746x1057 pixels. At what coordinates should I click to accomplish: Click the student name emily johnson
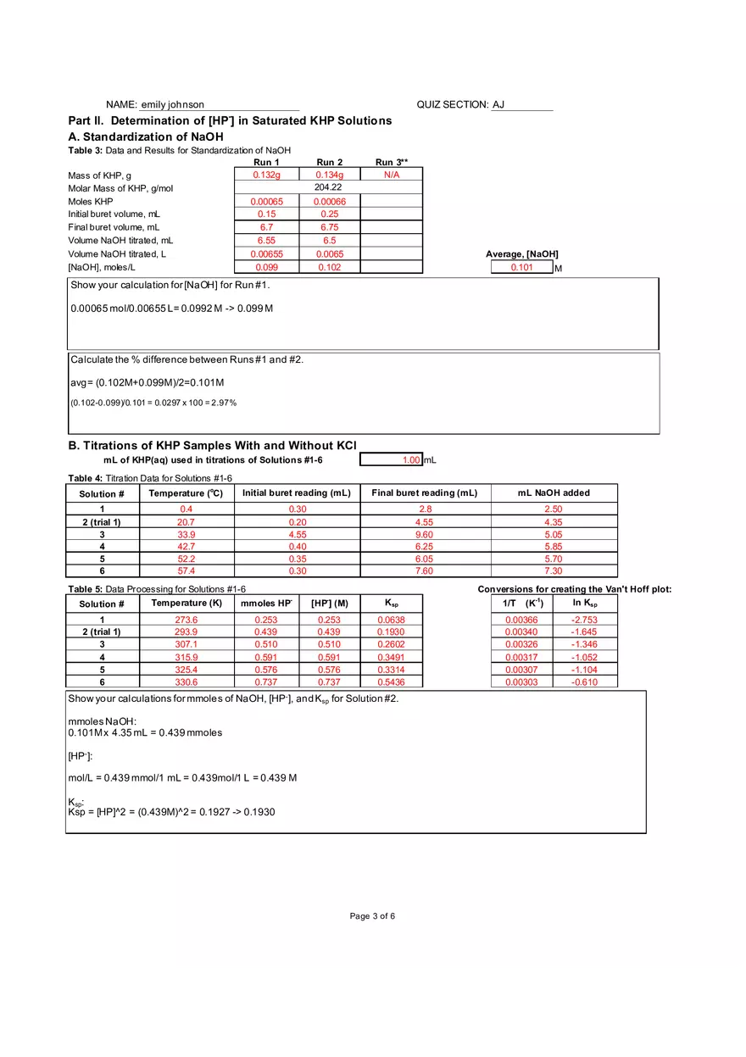[x=173, y=105]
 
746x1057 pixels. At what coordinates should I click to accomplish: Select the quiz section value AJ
[x=498, y=105]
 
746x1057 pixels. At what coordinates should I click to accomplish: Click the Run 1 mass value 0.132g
[x=266, y=175]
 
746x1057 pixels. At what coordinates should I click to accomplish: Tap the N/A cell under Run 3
[x=391, y=175]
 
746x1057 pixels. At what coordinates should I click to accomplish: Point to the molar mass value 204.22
[x=328, y=187]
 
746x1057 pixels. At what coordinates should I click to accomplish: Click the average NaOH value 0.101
[x=521, y=268]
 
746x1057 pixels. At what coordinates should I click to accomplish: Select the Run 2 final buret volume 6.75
[x=329, y=227]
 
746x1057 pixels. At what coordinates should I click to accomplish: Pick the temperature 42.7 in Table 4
[x=186, y=548]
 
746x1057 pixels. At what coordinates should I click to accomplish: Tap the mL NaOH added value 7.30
[x=553, y=571]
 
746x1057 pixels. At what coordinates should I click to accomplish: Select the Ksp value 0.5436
[x=391, y=682]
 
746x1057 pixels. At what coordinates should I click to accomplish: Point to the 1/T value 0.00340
[x=521, y=632]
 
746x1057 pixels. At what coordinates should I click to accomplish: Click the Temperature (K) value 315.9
[x=186, y=658]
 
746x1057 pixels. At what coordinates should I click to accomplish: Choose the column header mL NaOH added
[x=554, y=493]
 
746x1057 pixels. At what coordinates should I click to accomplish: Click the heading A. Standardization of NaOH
[x=145, y=136]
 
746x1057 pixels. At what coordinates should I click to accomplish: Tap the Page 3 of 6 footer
[x=372, y=916]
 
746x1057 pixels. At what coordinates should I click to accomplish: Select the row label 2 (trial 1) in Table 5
[x=102, y=632]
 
